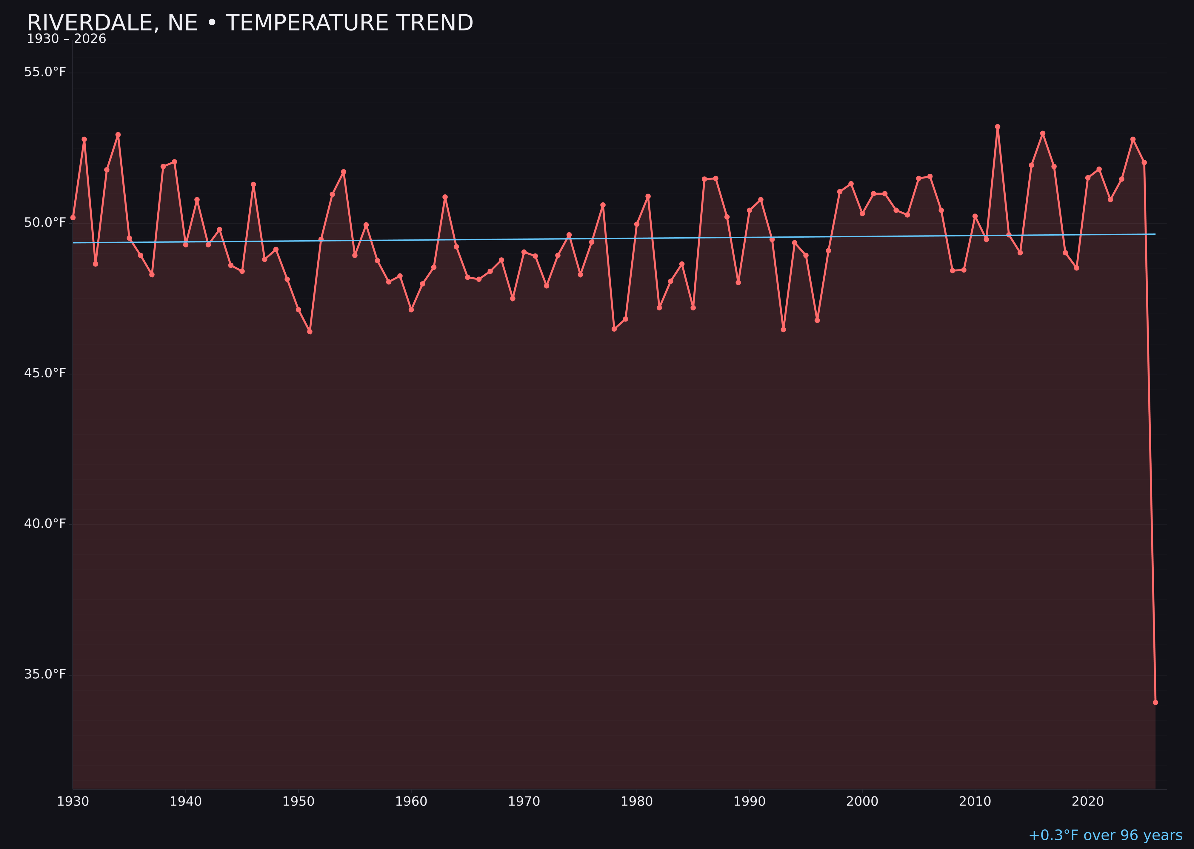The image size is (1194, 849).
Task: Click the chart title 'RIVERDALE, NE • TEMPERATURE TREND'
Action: tap(250, 23)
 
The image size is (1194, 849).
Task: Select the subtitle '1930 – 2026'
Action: tap(66, 39)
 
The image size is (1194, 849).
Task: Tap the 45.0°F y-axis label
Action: tap(45, 373)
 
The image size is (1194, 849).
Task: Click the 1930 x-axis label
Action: tap(73, 802)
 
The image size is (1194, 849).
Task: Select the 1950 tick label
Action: tap(298, 802)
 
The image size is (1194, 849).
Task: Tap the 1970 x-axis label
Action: tap(524, 802)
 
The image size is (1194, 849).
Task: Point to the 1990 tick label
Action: tap(749, 802)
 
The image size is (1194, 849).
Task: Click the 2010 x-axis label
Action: tap(975, 802)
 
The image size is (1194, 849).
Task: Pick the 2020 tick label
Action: tap(1087, 802)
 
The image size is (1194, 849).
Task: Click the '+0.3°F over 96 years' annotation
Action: tap(1105, 835)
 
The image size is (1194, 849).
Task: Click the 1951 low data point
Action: tap(310, 331)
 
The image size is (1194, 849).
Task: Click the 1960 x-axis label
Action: tap(411, 802)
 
